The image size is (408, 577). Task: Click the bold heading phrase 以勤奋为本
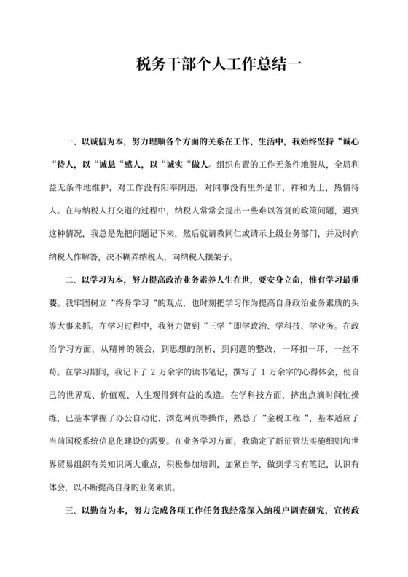(101, 522)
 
